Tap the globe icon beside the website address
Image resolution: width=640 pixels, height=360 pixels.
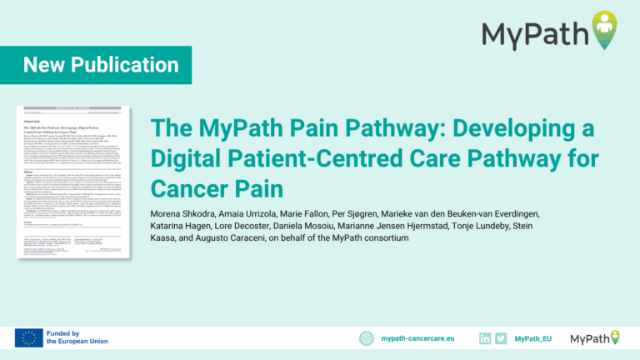pyautogui.click(x=367, y=337)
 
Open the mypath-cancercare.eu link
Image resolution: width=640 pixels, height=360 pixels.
pyautogui.click(x=417, y=338)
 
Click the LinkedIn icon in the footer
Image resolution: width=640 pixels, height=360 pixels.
pyautogui.click(x=485, y=337)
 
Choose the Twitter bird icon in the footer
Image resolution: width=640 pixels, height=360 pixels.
pyautogui.click(x=501, y=337)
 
